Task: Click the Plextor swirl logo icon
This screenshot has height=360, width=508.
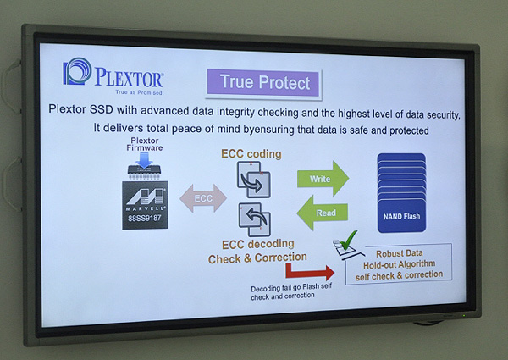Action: click(x=77, y=72)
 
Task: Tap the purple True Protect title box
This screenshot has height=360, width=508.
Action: click(x=263, y=83)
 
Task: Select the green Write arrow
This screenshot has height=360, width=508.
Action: click(x=323, y=179)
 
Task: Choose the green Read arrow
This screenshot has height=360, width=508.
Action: click(x=323, y=213)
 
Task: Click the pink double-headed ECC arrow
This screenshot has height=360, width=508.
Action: click(x=203, y=198)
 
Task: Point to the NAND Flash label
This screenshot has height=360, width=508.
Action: click(x=401, y=216)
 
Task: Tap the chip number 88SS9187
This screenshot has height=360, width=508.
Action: click(x=145, y=218)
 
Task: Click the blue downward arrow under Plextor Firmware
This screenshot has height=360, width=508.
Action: click(x=144, y=160)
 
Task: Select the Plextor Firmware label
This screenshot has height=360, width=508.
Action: click(x=145, y=144)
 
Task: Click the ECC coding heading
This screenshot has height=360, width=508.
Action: click(x=251, y=154)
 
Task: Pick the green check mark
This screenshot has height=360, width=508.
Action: click(x=349, y=240)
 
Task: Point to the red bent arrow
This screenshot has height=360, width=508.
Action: click(x=309, y=272)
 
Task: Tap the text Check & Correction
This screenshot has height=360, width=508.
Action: click(x=257, y=258)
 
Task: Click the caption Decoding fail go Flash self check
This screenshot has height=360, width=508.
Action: click(x=291, y=291)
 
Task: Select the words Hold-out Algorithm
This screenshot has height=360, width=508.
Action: click(x=399, y=264)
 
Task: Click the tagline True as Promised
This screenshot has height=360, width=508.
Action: click(x=140, y=92)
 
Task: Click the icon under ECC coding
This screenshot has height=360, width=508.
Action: click(x=254, y=180)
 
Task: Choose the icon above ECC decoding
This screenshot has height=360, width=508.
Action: click(x=255, y=219)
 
